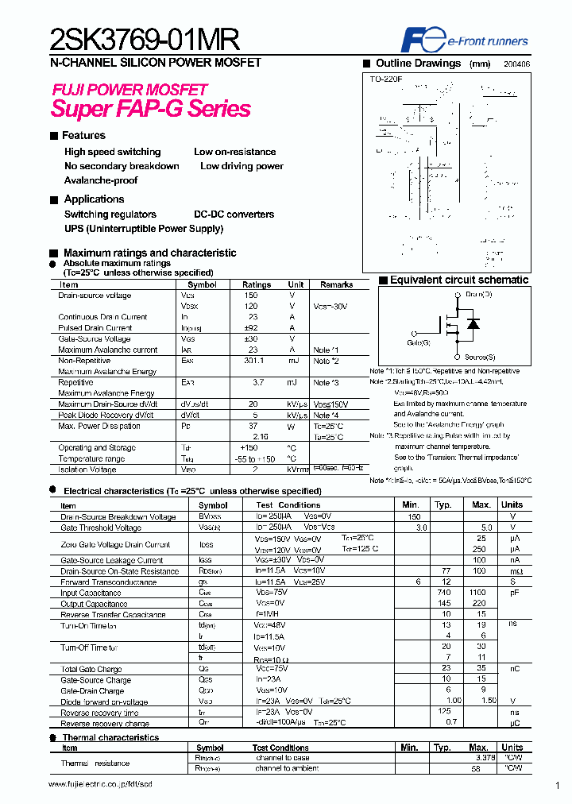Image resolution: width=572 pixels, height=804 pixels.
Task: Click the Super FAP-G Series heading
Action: tap(151, 109)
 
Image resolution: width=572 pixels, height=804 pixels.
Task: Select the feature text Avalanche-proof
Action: tap(101, 180)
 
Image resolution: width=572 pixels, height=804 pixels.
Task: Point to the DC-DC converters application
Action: tap(234, 215)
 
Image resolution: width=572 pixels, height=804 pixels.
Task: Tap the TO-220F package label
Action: tap(386, 79)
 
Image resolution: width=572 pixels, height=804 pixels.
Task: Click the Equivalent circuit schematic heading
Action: tap(459, 280)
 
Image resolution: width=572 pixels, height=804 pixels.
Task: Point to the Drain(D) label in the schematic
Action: tap(479, 295)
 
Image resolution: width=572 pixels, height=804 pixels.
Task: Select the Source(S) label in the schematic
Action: tap(480, 358)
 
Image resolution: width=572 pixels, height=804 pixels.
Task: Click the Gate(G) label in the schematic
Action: tap(418, 342)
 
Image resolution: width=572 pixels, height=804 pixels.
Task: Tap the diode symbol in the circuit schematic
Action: tap(473, 324)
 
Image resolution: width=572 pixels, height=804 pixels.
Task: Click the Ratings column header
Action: tap(257, 284)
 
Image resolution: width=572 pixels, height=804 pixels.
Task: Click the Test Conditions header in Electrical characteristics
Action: tap(288, 505)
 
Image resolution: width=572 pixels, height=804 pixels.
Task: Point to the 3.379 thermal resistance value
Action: tap(481, 758)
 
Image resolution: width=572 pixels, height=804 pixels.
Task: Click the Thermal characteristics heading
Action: tap(110, 737)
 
